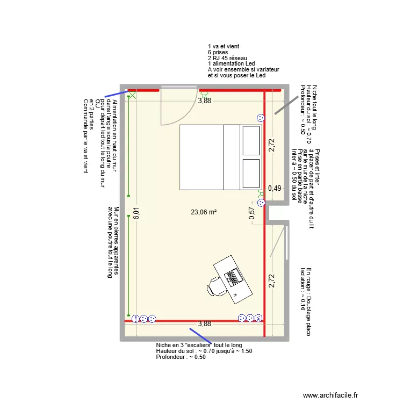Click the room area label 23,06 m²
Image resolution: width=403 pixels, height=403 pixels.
[204, 212]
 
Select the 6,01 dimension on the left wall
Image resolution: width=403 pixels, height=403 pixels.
[136, 215]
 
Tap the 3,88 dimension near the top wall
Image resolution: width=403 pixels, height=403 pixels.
[204, 100]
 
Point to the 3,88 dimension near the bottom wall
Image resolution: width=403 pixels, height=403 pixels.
[204, 324]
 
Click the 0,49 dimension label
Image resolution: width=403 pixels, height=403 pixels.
[275, 188]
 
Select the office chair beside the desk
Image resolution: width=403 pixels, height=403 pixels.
[217, 285]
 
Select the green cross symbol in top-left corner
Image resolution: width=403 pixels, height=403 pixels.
[132, 96]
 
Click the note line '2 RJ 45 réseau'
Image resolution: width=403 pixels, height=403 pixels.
[227, 58]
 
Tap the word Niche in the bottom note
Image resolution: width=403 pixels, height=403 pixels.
[163, 345]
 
